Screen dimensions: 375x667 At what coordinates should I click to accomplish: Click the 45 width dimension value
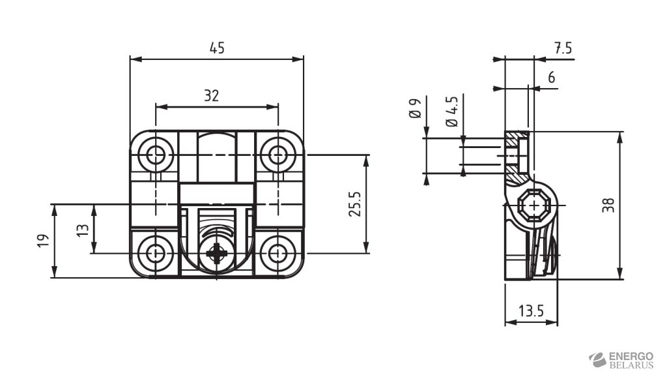(x=217, y=48)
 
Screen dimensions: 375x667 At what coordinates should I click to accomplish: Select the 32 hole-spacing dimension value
(x=211, y=96)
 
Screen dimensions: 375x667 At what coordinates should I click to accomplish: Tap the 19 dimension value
(x=42, y=241)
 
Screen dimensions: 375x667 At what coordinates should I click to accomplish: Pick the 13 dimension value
(x=82, y=229)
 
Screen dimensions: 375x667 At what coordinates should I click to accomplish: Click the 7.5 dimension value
(x=563, y=48)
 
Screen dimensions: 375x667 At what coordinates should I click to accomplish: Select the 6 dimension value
(x=551, y=78)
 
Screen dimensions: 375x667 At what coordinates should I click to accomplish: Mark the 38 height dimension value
(x=608, y=205)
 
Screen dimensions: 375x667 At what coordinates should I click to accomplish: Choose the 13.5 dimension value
(x=531, y=311)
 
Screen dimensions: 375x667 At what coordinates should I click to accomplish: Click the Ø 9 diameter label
(x=416, y=108)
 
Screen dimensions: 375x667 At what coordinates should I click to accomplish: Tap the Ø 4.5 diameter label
(x=451, y=111)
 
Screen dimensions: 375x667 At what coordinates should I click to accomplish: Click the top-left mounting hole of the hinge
(x=156, y=155)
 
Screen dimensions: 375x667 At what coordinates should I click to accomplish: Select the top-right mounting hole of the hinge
(x=278, y=155)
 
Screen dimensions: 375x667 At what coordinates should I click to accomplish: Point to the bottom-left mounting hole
(x=156, y=253)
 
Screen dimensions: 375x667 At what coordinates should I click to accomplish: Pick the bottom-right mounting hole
(x=278, y=253)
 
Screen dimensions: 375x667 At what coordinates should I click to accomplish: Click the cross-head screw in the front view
(x=216, y=254)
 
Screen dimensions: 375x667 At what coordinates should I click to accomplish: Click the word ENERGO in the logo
(x=631, y=355)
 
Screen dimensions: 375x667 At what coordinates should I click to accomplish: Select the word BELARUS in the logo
(x=631, y=365)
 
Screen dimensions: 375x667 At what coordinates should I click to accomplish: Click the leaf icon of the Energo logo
(x=597, y=359)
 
